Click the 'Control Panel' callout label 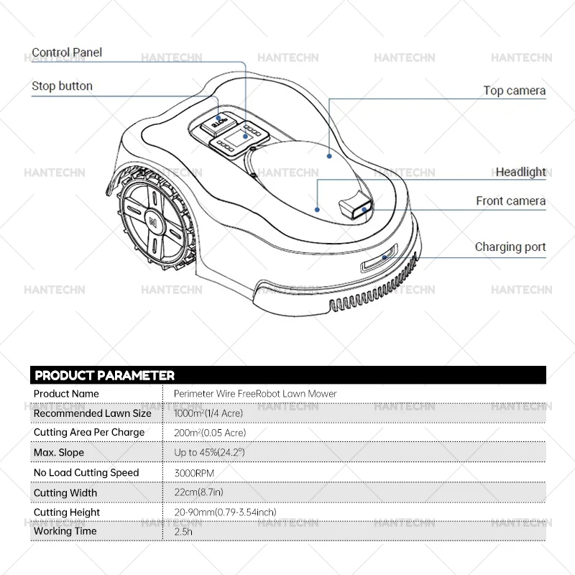(67, 52)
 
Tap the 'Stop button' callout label (62, 86)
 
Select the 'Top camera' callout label (514, 91)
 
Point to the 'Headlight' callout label (520, 172)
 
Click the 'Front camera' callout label (510, 201)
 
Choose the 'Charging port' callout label (510, 247)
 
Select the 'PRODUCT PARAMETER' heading (105, 375)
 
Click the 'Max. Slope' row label (59, 453)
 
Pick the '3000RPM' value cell (194, 473)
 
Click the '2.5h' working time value (184, 532)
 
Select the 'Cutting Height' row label (67, 512)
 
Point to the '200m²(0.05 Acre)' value (210, 433)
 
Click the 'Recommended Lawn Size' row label (92, 413)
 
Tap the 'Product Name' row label (66, 394)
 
